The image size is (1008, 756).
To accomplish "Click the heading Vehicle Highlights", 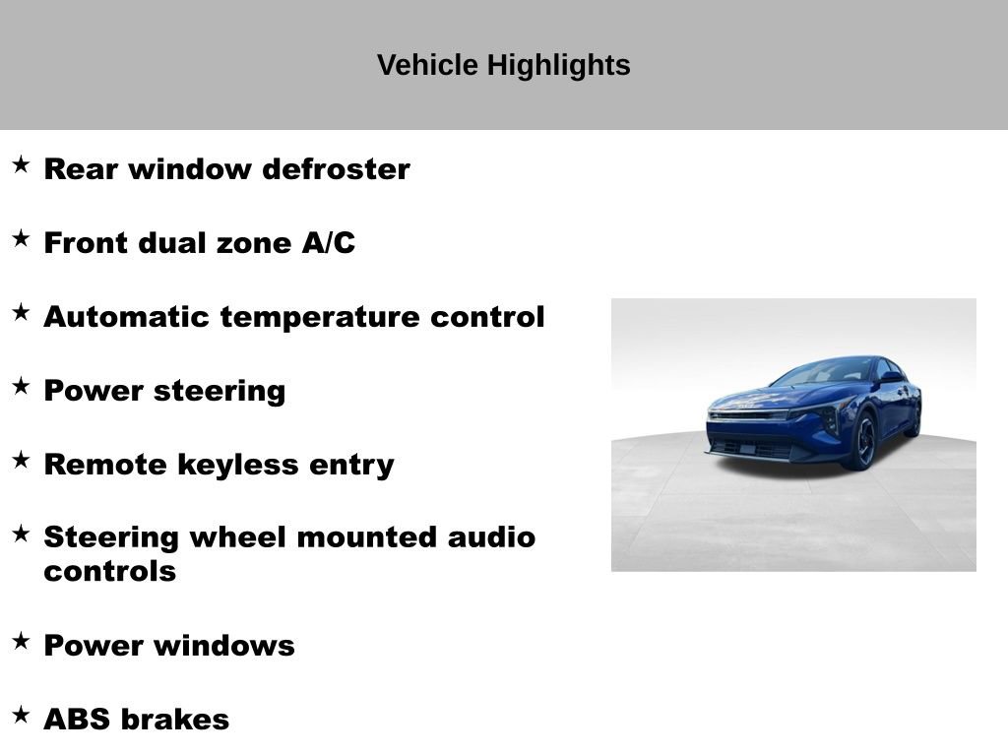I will [503, 66].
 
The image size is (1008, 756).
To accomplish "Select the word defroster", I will [336, 169].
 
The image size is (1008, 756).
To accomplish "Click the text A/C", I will [328, 243].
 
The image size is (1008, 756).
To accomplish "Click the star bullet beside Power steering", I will [21, 386].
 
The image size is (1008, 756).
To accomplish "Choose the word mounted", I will [367, 537].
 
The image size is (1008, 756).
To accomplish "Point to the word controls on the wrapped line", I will [109, 571].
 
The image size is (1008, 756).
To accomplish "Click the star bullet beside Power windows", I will [21, 641].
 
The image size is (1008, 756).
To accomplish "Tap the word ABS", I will [77, 720].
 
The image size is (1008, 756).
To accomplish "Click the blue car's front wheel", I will [864, 441].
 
